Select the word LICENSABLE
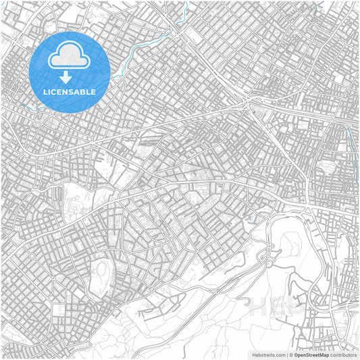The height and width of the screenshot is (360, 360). point(69,91)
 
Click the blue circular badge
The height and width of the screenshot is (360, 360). point(69,72)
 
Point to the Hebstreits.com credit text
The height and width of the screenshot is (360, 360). point(266,354)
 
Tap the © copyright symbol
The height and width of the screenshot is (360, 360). point(290,354)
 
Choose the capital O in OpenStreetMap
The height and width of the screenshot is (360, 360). point(296,354)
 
